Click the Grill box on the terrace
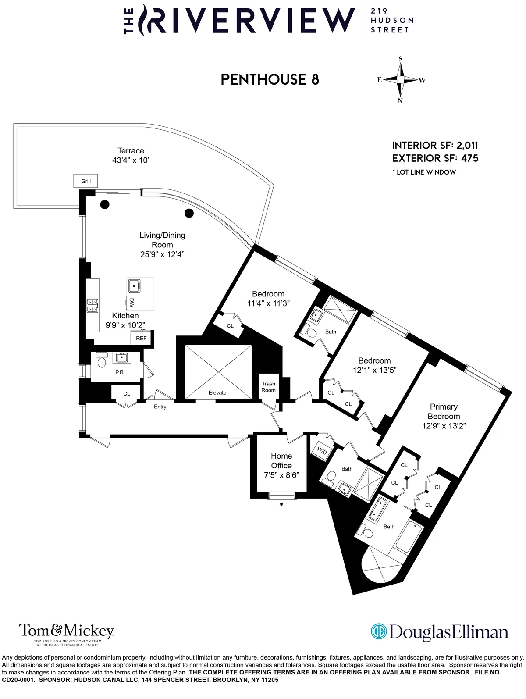[x=86, y=181]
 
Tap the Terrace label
[x=131, y=151]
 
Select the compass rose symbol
[x=400, y=80]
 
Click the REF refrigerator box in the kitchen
[x=141, y=338]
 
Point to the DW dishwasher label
[x=131, y=302]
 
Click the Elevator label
[x=218, y=393]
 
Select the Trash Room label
[x=268, y=387]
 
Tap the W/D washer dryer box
[x=322, y=451]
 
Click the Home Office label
[x=281, y=461]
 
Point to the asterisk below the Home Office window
[x=281, y=505]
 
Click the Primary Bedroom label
[x=444, y=412]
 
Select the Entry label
[x=160, y=407]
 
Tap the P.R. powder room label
[x=120, y=372]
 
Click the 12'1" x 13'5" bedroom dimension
[x=374, y=370]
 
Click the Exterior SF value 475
[x=469, y=158]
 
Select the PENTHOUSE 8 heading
[x=270, y=79]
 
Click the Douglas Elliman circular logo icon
[x=378, y=631]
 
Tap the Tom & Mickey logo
[x=66, y=631]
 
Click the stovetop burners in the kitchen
[x=92, y=306]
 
